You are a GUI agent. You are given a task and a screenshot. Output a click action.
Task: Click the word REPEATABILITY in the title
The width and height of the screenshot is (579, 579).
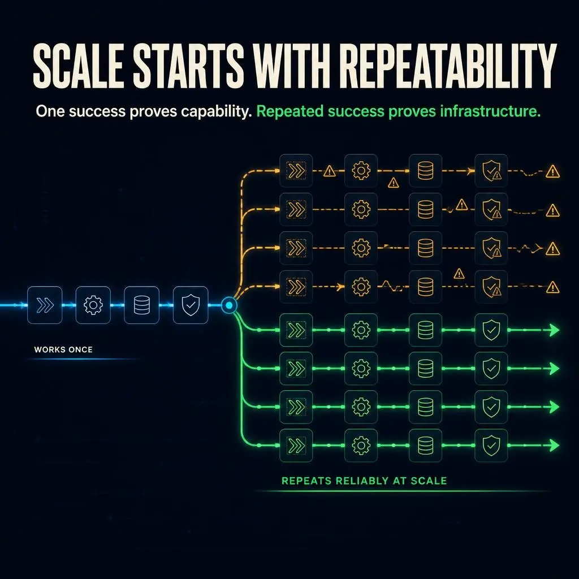tap(448, 66)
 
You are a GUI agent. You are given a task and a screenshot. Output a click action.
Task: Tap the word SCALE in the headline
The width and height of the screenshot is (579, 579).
tap(78, 66)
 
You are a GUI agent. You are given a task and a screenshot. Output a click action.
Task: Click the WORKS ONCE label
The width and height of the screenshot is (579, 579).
tap(63, 349)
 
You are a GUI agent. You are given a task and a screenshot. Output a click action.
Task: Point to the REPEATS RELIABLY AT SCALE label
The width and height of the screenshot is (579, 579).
tap(364, 481)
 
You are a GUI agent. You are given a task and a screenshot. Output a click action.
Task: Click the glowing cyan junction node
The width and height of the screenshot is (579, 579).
tap(230, 305)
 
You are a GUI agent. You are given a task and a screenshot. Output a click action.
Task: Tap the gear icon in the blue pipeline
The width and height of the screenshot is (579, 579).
tap(93, 305)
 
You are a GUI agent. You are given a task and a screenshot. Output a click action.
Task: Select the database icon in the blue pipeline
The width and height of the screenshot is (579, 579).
tap(142, 305)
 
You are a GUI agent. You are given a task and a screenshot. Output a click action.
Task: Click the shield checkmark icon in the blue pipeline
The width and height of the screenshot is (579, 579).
tap(191, 305)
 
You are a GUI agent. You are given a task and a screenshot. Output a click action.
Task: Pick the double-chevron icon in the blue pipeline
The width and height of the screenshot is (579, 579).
tap(45, 305)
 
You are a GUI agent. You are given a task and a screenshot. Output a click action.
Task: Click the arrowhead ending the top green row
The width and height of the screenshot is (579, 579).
tap(554, 330)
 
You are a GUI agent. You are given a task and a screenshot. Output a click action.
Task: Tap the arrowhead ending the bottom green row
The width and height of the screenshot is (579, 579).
tap(554, 446)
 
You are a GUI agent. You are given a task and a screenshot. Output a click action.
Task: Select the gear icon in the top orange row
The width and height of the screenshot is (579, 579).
tap(361, 171)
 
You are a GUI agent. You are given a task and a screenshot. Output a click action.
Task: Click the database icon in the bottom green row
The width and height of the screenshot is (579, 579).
tap(425, 446)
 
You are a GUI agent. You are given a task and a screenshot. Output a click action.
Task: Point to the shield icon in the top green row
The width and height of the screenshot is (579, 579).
tap(491, 330)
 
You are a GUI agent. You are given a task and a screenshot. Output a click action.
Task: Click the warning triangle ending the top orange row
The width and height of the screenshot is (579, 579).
tap(552, 171)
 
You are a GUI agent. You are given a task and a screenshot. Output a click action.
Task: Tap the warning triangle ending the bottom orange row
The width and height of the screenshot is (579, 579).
tap(552, 287)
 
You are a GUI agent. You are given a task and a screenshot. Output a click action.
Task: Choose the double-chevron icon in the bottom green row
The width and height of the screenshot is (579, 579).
tap(296, 446)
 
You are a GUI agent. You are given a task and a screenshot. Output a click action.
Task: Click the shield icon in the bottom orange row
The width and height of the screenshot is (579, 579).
tap(492, 286)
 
